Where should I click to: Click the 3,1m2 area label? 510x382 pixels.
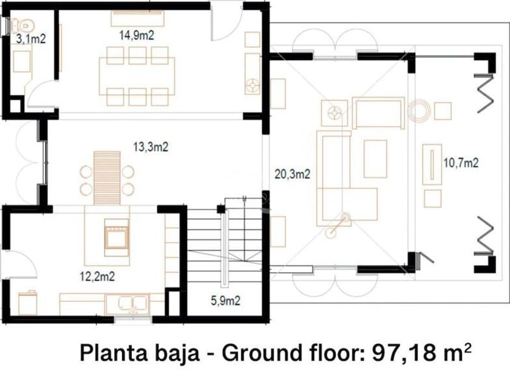(30, 39)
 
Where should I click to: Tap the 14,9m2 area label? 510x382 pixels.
(137, 35)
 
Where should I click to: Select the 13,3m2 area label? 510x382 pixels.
(151, 147)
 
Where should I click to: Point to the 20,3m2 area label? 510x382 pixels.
(293, 174)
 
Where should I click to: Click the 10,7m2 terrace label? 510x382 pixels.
(461, 163)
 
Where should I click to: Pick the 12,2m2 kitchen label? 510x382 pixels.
(97, 276)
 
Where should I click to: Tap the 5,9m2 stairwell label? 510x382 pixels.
(226, 301)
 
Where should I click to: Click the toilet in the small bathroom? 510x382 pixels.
(21, 25)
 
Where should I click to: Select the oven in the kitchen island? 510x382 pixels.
(116, 233)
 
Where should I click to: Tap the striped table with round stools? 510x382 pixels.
(107, 178)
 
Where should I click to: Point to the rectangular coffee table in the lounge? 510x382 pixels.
(375, 159)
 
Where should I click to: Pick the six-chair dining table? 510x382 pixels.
(137, 76)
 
